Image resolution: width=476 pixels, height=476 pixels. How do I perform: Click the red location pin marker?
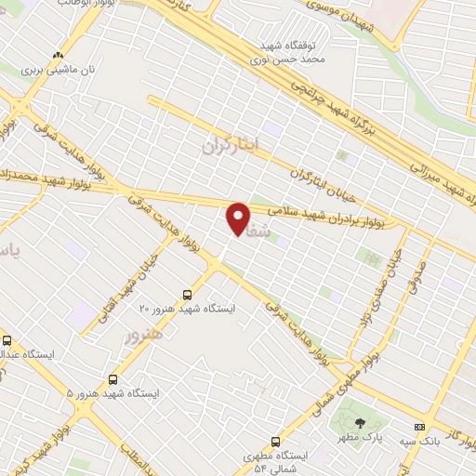[239, 219]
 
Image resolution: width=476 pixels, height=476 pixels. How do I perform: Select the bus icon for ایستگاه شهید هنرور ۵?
[113, 379]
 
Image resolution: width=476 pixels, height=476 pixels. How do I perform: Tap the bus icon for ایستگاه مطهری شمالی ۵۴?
[274, 442]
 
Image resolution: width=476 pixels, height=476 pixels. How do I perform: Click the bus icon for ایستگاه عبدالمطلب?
[7, 340]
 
